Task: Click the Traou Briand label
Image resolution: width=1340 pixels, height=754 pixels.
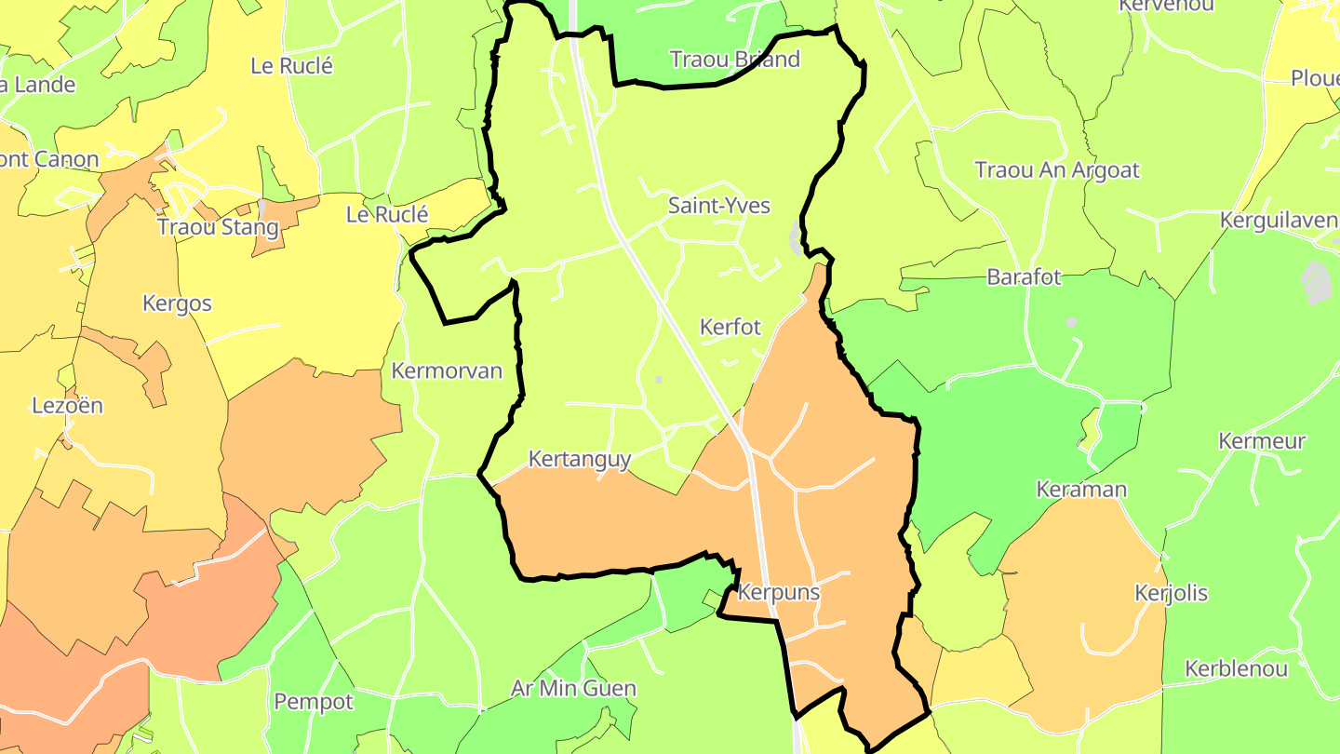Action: (734, 60)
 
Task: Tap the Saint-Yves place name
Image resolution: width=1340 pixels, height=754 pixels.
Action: (718, 206)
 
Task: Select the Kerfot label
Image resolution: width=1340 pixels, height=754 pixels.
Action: (730, 328)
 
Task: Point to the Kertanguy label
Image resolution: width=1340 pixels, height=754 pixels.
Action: (579, 460)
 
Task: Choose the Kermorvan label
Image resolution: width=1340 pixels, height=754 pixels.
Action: (447, 371)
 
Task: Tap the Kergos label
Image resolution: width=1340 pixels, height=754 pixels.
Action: (177, 303)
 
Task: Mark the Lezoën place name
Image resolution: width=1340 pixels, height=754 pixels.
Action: (67, 406)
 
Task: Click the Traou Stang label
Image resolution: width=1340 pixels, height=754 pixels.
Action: (218, 227)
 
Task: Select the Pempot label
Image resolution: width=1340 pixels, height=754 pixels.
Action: (314, 702)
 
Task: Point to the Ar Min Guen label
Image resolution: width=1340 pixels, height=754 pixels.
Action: (573, 689)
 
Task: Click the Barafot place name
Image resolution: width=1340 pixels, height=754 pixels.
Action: (1024, 277)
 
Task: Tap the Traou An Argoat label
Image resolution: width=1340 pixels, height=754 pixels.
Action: (1056, 170)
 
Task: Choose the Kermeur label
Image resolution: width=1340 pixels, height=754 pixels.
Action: (1262, 441)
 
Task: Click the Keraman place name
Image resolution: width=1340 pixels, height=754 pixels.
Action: (1081, 490)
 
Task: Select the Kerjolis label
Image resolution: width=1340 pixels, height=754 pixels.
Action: (1171, 593)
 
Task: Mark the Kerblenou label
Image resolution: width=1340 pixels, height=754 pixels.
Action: (1236, 669)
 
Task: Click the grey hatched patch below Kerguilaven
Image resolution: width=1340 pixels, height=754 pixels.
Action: (1316, 282)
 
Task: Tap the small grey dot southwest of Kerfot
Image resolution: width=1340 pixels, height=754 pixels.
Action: (659, 380)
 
